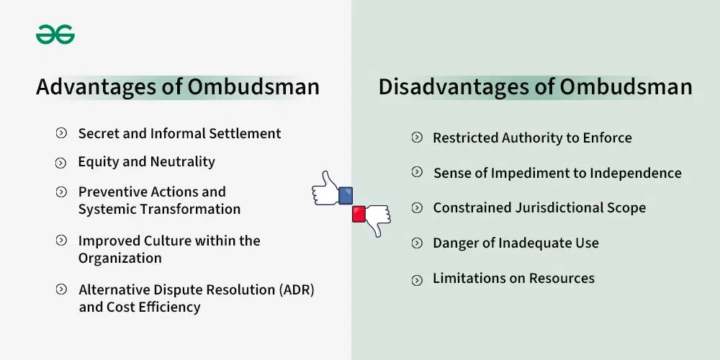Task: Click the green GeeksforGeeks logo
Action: [55, 34]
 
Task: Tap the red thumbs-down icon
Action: [372, 216]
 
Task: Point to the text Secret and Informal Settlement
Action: [179, 133]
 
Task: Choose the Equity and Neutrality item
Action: [146, 162]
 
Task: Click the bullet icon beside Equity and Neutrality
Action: [61, 163]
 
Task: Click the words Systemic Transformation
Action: [159, 210]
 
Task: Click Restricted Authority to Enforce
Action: [532, 138]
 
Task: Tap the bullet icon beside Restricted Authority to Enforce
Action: [417, 138]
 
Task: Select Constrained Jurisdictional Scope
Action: [539, 207]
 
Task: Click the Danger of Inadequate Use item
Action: [516, 243]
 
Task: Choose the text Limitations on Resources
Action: [513, 279]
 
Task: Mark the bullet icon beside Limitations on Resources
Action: [417, 280]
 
